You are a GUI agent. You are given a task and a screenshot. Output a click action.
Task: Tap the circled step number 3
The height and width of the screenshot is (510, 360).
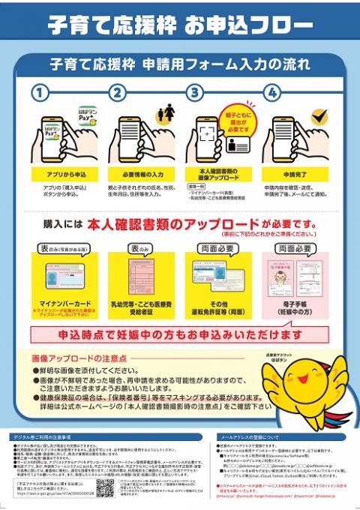[x=195, y=94]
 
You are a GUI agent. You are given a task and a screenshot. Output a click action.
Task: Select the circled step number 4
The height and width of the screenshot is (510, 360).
[x=272, y=94]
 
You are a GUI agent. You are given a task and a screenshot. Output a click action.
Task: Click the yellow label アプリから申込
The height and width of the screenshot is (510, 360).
[x=60, y=173]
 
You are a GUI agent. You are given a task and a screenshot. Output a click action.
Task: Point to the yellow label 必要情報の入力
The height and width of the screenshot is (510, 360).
[x=139, y=173]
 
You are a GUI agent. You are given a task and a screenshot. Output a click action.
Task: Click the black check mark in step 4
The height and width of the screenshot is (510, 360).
[x=319, y=117]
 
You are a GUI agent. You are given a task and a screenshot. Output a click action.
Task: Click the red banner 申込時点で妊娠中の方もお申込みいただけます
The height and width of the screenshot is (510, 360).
[x=180, y=333]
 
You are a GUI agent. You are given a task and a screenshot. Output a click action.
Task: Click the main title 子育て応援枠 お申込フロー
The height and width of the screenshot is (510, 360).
[x=180, y=25]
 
